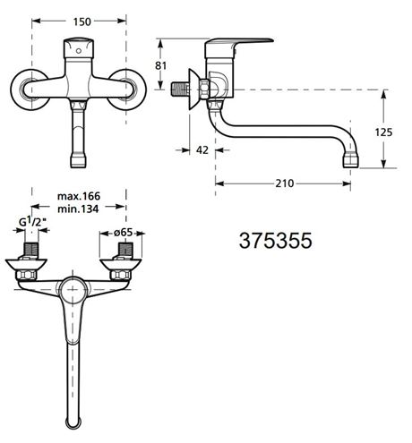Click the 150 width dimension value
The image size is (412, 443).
point(82,21)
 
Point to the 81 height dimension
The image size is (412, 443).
point(160,65)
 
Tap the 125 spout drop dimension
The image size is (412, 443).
point(383,132)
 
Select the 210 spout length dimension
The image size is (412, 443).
point(285,183)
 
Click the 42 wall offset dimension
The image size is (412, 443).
point(202,150)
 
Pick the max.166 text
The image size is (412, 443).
point(79,196)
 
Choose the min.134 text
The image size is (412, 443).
point(78,209)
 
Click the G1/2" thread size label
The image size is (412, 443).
point(32,222)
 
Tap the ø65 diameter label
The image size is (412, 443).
point(123,233)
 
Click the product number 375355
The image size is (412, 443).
point(276,241)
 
